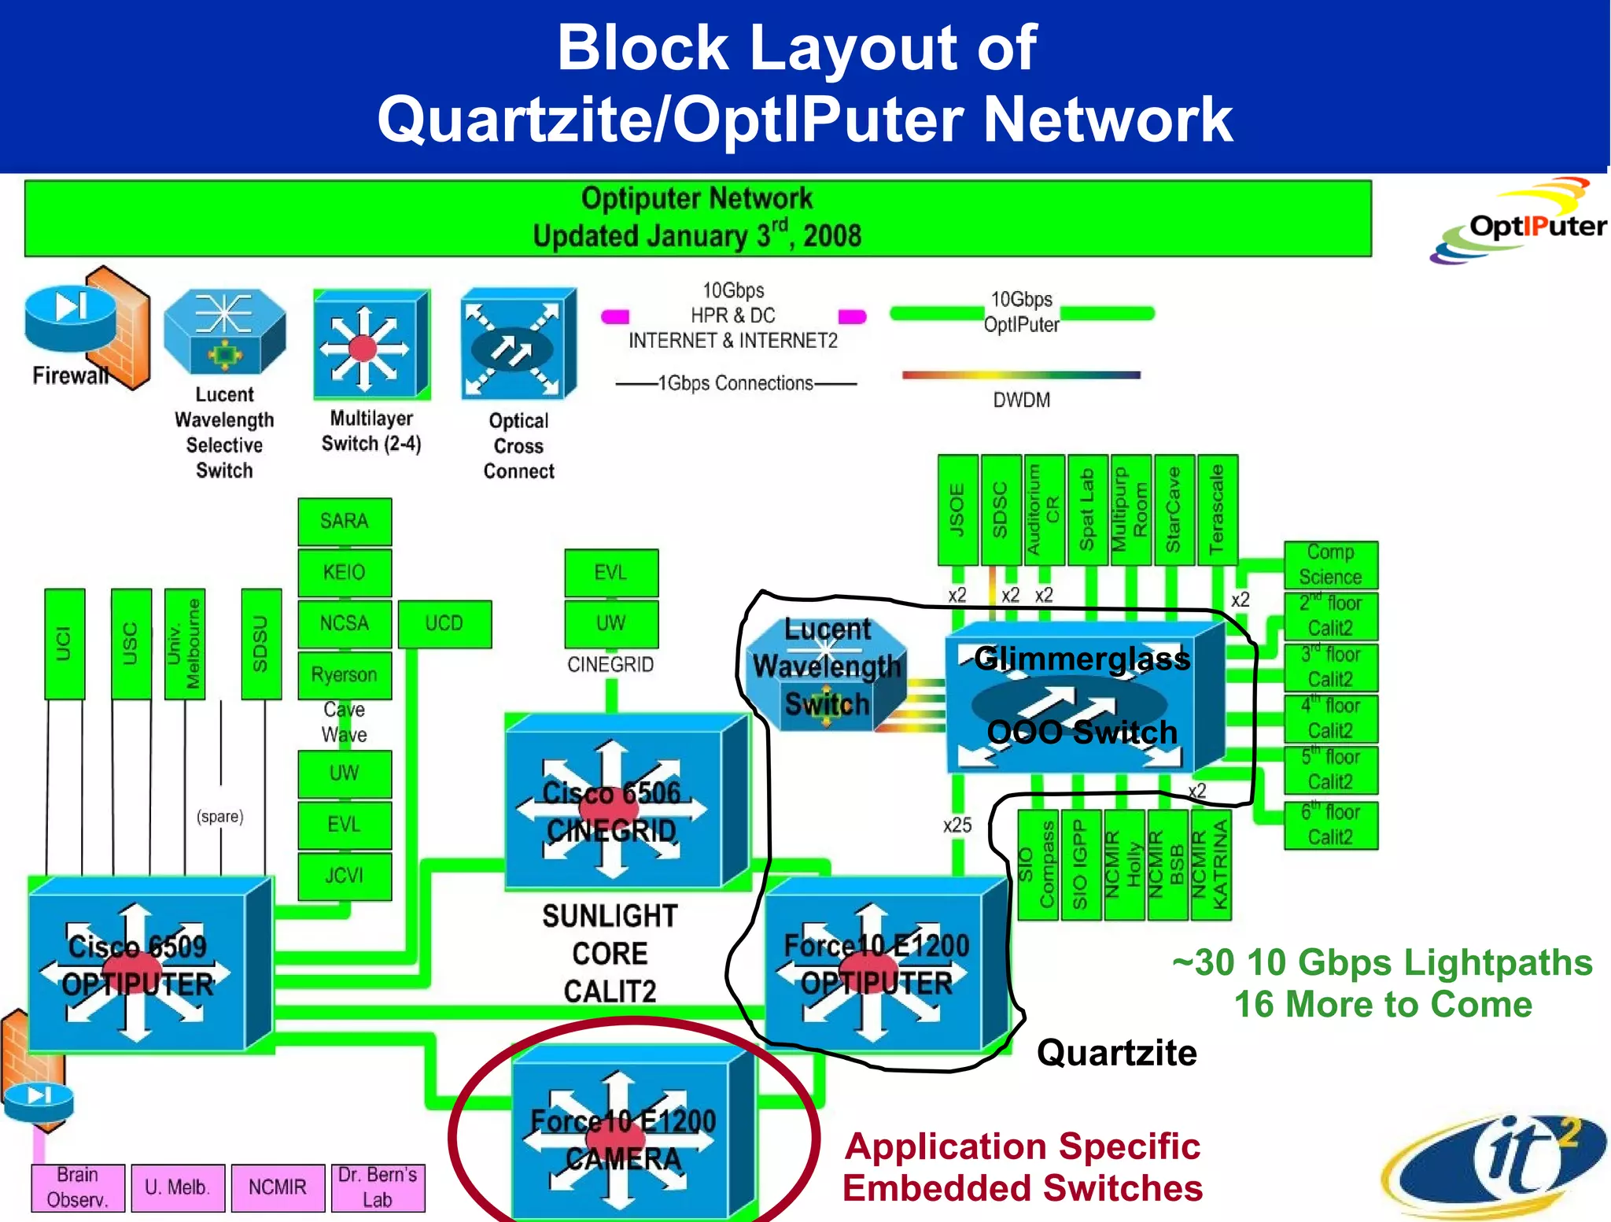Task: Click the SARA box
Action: click(345, 521)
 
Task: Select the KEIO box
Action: click(345, 572)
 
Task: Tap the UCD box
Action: click(444, 624)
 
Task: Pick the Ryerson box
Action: click(345, 675)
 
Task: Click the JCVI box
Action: click(345, 876)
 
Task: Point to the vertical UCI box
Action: click(65, 644)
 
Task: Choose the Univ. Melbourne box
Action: click(185, 644)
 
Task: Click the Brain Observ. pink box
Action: click(78, 1187)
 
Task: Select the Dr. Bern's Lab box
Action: click(378, 1187)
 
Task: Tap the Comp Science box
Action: click(1330, 565)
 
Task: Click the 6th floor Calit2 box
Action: click(1330, 825)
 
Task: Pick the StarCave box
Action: click(1174, 509)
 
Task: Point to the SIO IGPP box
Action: click(1081, 865)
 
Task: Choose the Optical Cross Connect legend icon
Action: click(518, 345)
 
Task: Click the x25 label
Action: click(957, 825)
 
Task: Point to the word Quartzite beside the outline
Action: click(1116, 1053)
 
